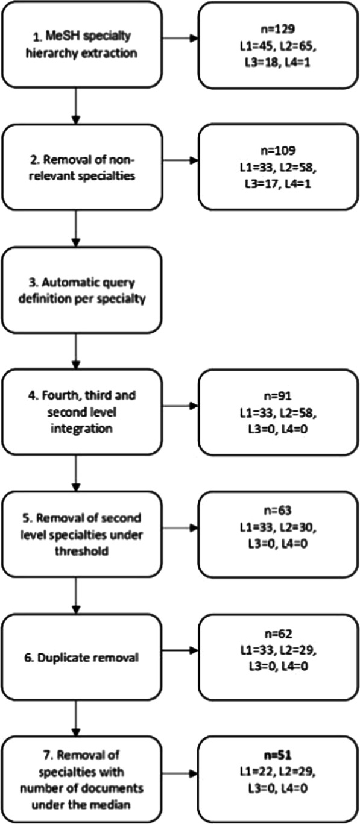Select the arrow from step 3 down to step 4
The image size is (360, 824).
point(75,350)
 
